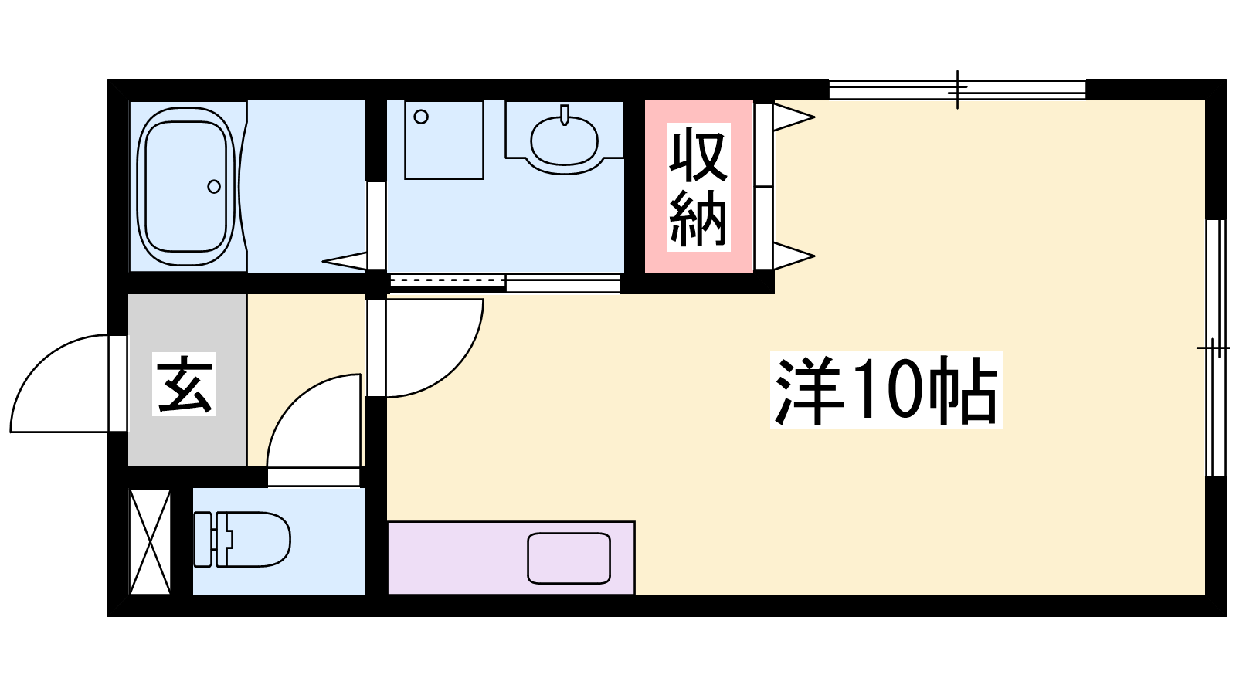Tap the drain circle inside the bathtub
(x=214, y=186)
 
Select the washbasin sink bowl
(x=564, y=141)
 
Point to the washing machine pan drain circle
(x=421, y=117)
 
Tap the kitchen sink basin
(x=569, y=558)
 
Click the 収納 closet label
(x=698, y=188)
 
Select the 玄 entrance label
(x=185, y=384)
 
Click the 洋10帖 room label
(x=886, y=390)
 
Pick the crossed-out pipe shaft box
(x=150, y=541)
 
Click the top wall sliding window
(x=957, y=90)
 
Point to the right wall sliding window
(x=1215, y=347)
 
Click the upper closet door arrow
(x=795, y=117)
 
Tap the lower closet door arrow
(x=795, y=256)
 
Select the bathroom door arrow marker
(x=345, y=261)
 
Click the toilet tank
(x=204, y=539)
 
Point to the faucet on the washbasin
(x=565, y=115)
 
